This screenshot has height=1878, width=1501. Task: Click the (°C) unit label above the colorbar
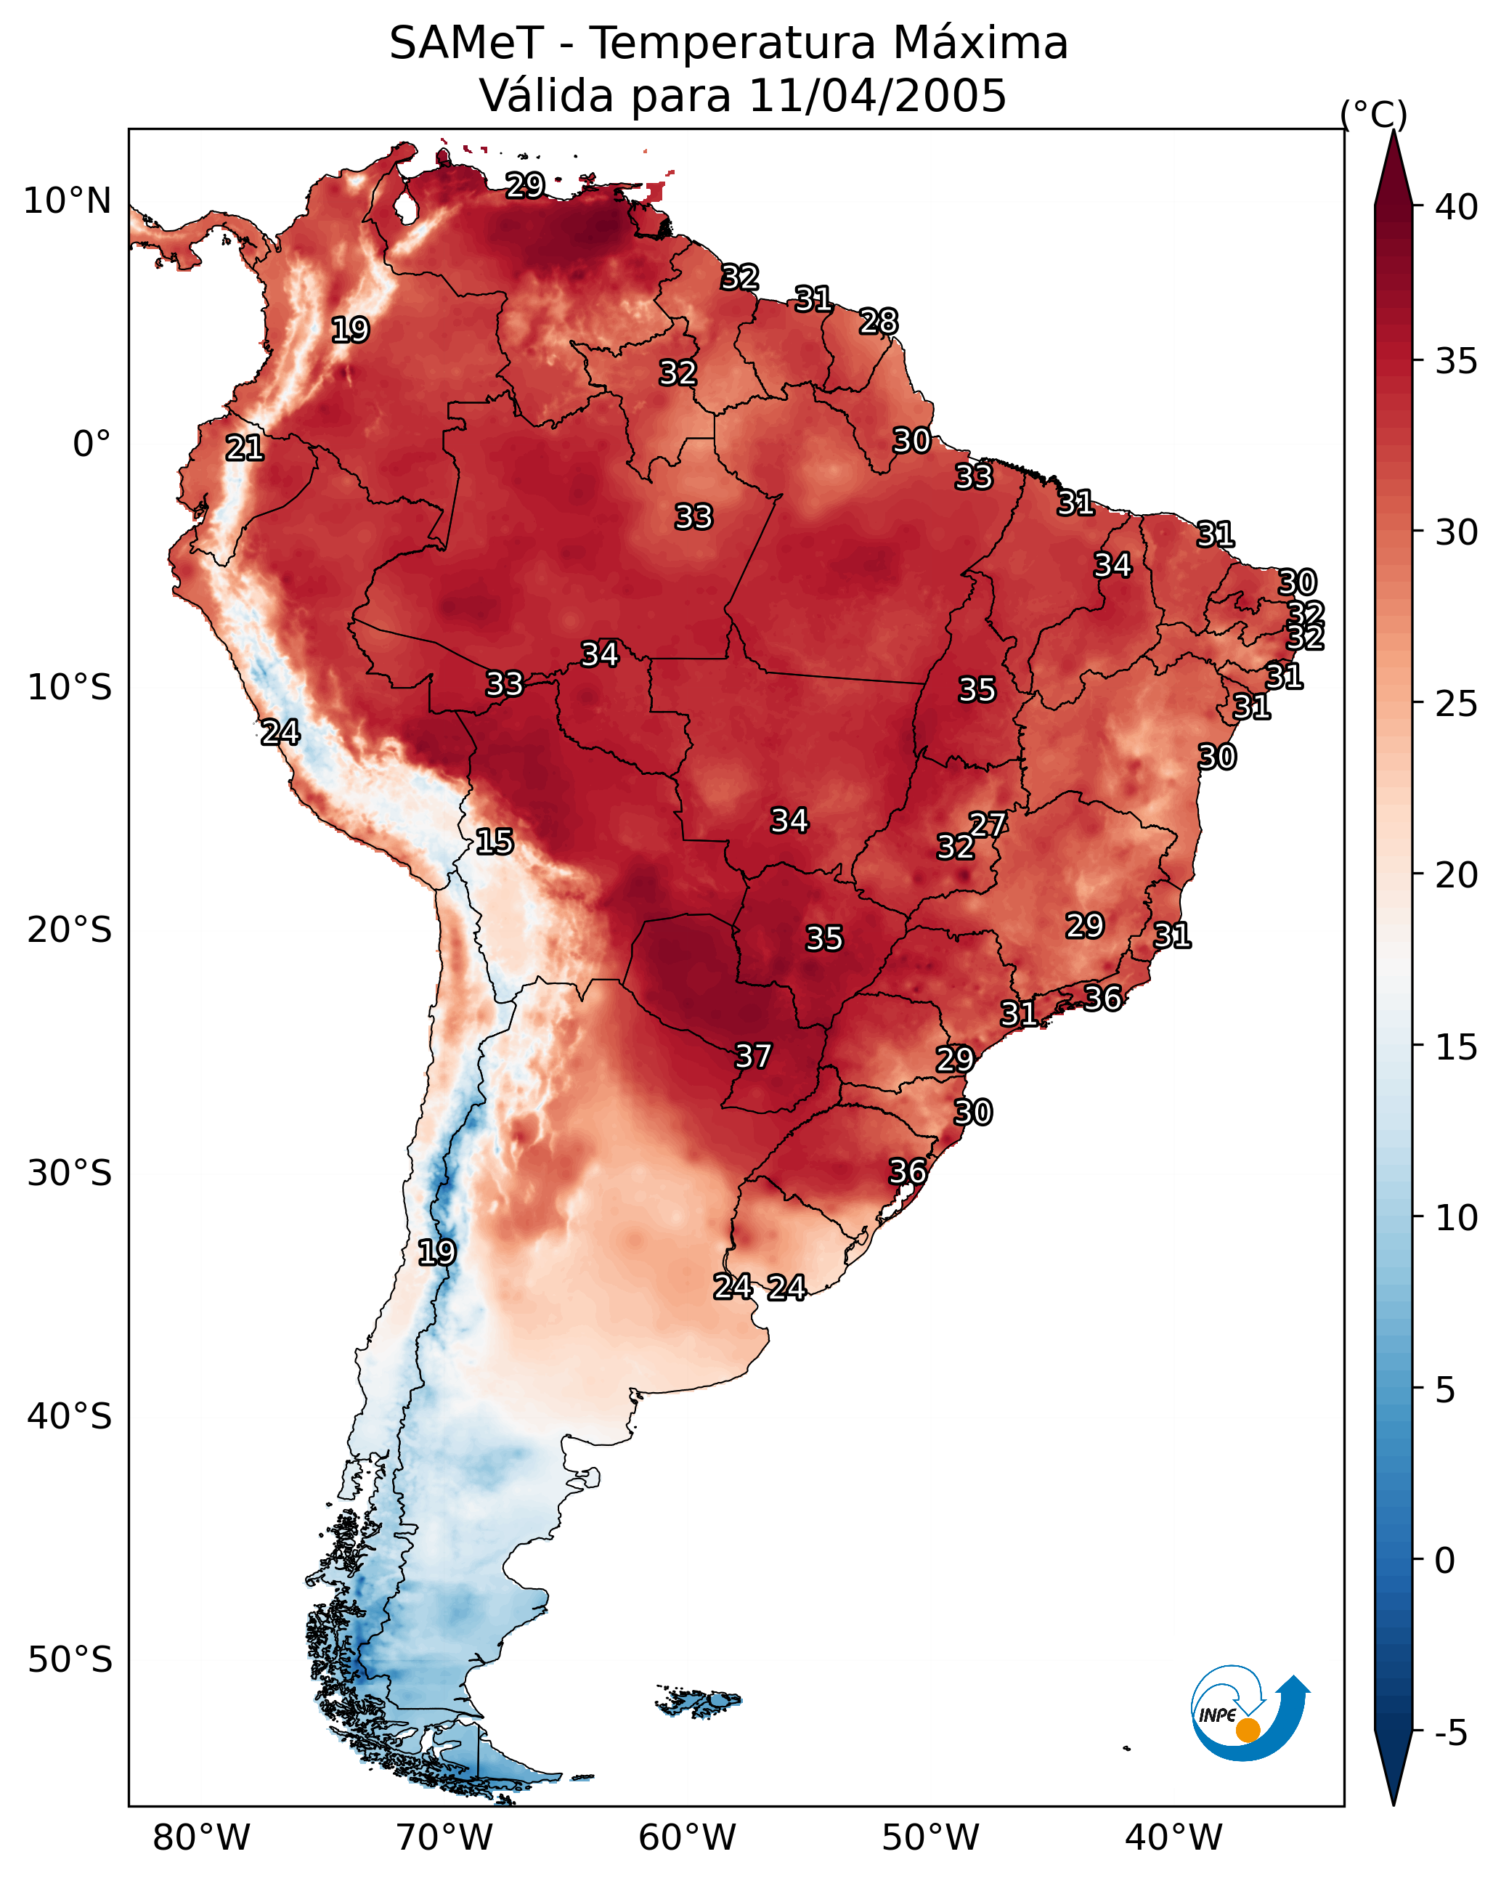[1373, 114]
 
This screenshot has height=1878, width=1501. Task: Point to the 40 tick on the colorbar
[1457, 207]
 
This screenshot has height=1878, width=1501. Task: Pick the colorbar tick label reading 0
[1444, 1560]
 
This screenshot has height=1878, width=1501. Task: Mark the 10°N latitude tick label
[67, 201]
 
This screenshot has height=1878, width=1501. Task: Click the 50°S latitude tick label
[70, 1660]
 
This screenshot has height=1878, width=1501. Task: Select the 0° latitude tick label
[91, 444]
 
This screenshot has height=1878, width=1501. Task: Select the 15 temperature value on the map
[494, 842]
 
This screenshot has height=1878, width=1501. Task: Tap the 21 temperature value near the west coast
[244, 449]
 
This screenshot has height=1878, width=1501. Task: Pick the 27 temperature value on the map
[988, 824]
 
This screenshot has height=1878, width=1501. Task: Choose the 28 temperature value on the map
[878, 322]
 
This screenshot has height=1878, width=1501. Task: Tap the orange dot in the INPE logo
[1248, 1730]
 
